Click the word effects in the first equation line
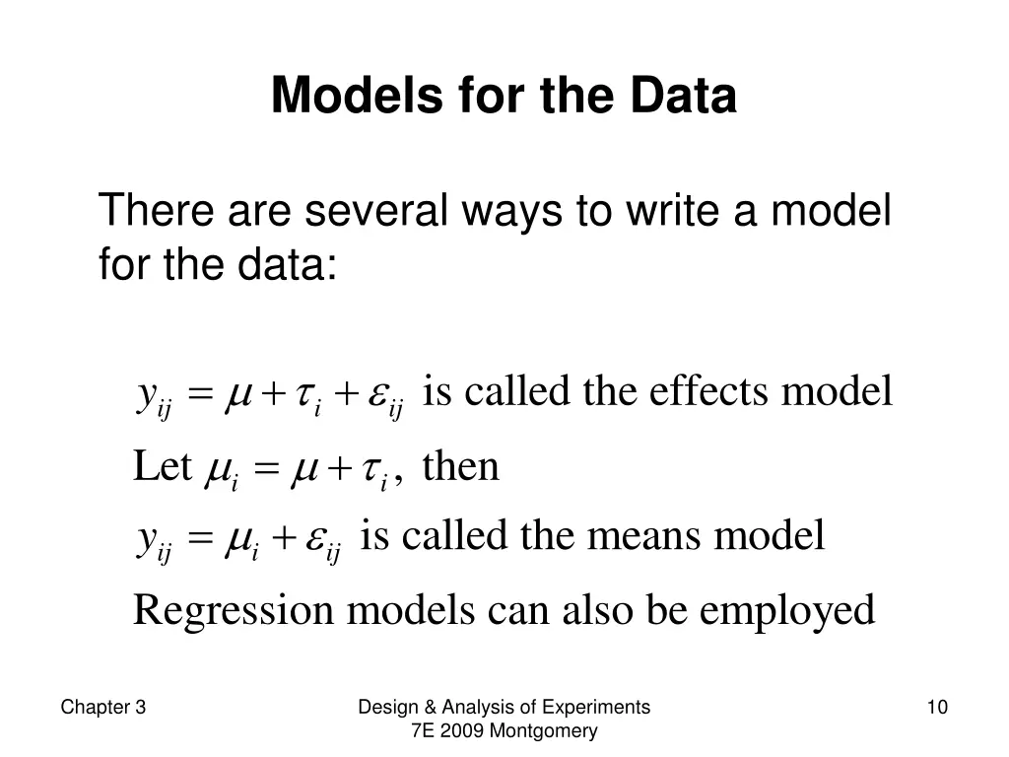point(709,392)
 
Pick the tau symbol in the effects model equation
point(309,396)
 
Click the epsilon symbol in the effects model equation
point(379,396)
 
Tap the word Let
point(162,465)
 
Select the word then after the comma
point(461,465)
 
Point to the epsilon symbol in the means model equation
point(317,540)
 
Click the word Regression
point(234,611)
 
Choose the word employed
point(787,611)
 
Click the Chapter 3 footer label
point(103,707)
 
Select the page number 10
point(937,707)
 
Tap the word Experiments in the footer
point(600,707)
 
